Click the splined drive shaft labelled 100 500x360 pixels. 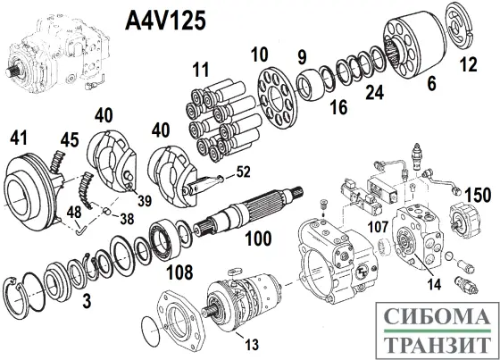click(241, 220)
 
